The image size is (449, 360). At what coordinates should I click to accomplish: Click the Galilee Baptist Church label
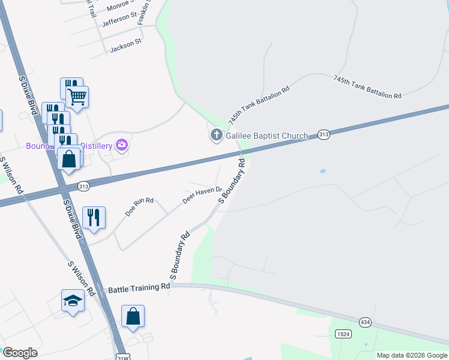pyautogui.click(x=267, y=136)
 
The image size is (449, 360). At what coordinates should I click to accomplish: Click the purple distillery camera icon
pyautogui.click(x=122, y=145)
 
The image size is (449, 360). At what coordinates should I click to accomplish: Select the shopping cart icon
pyautogui.click(x=77, y=95)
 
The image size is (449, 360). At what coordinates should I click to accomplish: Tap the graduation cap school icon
pyautogui.click(x=73, y=301)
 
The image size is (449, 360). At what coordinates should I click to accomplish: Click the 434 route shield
pyautogui.click(x=365, y=322)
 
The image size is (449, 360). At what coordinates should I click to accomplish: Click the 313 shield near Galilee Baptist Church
pyautogui.click(x=324, y=135)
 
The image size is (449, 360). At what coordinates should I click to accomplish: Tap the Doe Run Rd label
pyautogui.click(x=139, y=207)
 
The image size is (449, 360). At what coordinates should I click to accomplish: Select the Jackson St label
pyautogui.click(x=125, y=44)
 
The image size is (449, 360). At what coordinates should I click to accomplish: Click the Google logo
pyautogui.click(x=20, y=353)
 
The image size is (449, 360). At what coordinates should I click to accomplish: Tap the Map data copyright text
pyautogui.click(x=412, y=355)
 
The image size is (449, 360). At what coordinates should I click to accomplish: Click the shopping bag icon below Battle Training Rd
pyautogui.click(x=133, y=316)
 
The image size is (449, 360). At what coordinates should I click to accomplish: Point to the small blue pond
pyautogui.click(x=322, y=171)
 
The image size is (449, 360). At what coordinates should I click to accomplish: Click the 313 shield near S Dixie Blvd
pyautogui.click(x=83, y=187)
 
